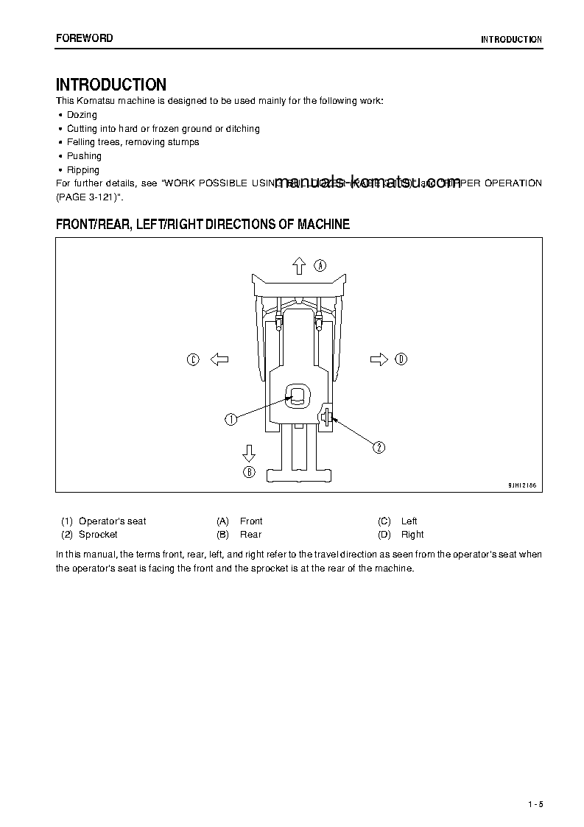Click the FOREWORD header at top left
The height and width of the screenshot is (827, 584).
point(85,38)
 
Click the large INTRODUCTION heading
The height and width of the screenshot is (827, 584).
point(111,85)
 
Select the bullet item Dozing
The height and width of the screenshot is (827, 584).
point(82,115)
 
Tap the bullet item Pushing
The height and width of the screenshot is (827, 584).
point(84,156)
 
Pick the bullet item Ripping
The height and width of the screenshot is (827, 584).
point(83,170)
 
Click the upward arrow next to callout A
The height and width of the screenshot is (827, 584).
point(298,265)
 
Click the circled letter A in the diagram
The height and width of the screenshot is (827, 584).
point(320,265)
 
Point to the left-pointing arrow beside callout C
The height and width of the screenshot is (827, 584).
point(219,359)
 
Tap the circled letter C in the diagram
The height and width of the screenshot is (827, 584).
point(192,359)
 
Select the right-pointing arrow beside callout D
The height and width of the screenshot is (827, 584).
point(379,359)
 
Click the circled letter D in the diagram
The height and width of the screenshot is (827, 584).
point(401,359)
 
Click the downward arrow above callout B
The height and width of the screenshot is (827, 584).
point(249,451)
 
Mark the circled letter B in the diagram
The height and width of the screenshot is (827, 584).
point(249,473)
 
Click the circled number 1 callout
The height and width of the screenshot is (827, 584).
point(231,419)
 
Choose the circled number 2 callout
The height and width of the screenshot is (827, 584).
point(379,447)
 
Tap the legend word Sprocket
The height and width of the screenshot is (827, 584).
point(98,535)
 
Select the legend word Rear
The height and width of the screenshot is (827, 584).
point(250,535)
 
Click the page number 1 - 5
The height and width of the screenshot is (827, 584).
point(535,803)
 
